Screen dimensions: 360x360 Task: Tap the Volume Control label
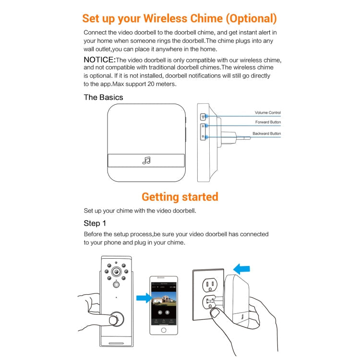point(267,113)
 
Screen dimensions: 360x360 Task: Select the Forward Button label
point(268,122)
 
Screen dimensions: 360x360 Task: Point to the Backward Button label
point(267,133)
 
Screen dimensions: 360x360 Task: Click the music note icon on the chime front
point(146,160)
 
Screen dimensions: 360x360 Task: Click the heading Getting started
point(180,197)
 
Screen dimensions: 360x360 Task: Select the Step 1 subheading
point(95,223)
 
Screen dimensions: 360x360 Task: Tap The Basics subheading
point(103,97)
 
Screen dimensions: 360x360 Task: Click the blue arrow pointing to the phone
point(143,299)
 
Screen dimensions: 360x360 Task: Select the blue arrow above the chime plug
point(241,269)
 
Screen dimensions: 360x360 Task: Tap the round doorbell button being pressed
point(115,320)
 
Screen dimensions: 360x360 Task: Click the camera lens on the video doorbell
point(116,272)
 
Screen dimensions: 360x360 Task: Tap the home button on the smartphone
point(163,330)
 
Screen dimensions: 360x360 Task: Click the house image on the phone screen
point(163,303)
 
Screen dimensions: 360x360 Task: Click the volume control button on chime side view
point(202,117)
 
